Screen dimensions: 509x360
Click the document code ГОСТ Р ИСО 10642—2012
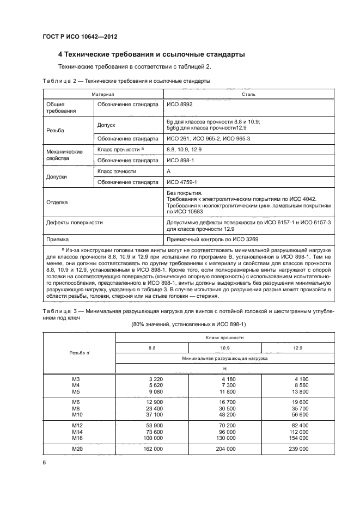point(80,37)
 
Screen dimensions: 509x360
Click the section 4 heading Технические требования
point(151,54)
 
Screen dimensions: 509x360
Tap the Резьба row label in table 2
point(55,131)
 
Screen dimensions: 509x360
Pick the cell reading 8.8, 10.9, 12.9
point(184,149)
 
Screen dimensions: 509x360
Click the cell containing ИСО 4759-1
point(181,182)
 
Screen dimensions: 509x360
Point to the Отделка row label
point(57,202)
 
